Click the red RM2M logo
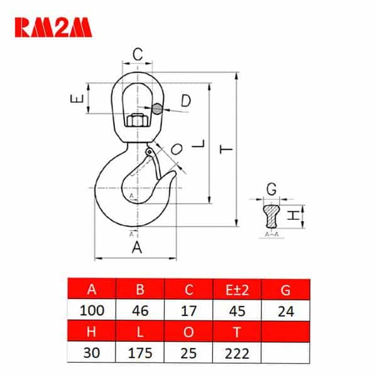click(53, 28)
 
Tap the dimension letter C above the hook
click(138, 54)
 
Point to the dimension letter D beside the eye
click(186, 101)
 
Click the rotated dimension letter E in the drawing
click(77, 99)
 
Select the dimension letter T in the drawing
click(226, 150)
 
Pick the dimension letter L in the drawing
click(199, 144)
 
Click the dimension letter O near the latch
click(177, 149)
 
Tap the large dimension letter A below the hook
click(137, 248)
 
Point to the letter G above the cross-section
click(271, 189)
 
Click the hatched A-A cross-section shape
click(271, 216)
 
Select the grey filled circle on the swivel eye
click(157, 109)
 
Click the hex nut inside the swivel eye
click(137, 120)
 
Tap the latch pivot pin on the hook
click(150, 152)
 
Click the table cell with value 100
click(92, 310)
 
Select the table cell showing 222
click(237, 352)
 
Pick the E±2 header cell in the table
click(237, 290)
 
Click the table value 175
click(140, 352)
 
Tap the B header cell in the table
click(140, 289)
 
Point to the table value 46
click(140, 310)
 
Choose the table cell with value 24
click(286, 310)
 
